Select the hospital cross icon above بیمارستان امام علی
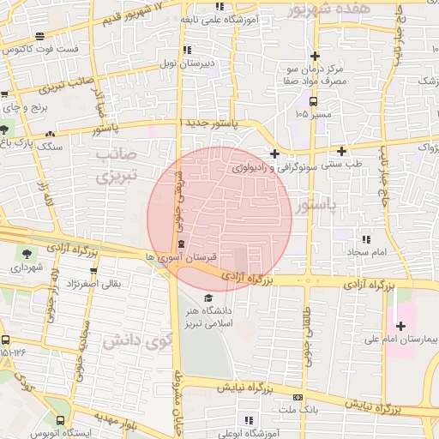coord(400,326)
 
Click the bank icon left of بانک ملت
coord(298,397)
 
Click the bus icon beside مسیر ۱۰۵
coord(312,100)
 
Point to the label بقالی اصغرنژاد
coord(94,282)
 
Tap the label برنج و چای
coord(22,108)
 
